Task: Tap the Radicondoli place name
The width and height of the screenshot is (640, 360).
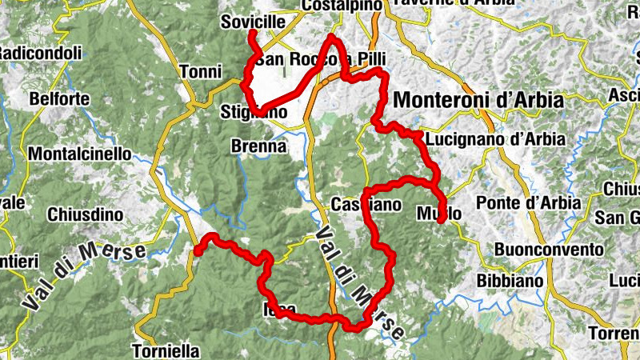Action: (41, 54)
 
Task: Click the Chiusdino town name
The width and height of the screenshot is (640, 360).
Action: (85, 214)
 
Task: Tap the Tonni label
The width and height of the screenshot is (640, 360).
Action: (201, 72)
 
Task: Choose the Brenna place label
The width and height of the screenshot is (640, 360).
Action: (258, 147)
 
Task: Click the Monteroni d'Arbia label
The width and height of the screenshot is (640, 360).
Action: (479, 101)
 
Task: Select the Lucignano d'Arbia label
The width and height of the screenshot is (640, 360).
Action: (496, 139)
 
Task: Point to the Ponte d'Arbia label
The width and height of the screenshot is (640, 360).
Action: (528, 202)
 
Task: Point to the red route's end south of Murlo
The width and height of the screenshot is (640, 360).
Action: (442, 220)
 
